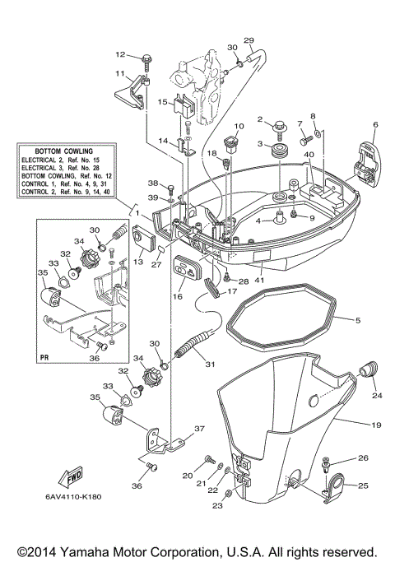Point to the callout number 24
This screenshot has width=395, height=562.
[x=378, y=396]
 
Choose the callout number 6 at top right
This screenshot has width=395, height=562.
[x=375, y=125]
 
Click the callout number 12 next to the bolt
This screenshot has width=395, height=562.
[x=119, y=55]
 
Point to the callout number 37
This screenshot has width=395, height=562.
[x=199, y=430]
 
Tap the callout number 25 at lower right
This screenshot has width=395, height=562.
[x=363, y=486]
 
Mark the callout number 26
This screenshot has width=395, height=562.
[x=363, y=457]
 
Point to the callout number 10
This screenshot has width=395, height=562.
[x=239, y=126]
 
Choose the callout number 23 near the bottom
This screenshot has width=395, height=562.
[x=217, y=506]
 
